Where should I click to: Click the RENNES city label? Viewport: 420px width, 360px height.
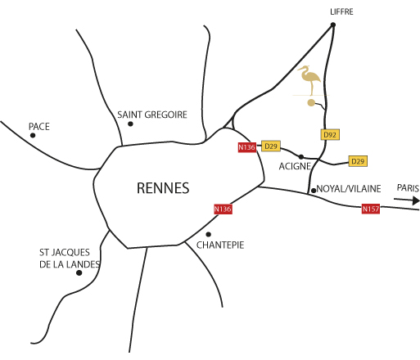click(x=163, y=188)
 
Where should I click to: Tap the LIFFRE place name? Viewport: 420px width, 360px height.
click(x=341, y=11)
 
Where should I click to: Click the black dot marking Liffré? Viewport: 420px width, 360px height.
click(x=333, y=25)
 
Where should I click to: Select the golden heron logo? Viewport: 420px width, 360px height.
click(x=309, y=80)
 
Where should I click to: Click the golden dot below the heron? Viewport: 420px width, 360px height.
click(x=311, y=102)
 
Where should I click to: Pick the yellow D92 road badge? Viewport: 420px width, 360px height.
click(x=330, y=134)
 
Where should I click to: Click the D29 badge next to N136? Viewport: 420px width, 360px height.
click(x=271, y=146)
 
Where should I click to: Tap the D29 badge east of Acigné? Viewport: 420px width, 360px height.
click(x=358, y=161)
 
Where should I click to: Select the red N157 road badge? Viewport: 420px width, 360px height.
click(x=371, y=209)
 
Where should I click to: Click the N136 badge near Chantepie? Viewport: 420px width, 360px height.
click(x=223, y=209)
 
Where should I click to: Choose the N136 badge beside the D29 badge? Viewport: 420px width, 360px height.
click(x=247, y=147)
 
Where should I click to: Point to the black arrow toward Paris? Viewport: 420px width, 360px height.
click(x=406, y=200)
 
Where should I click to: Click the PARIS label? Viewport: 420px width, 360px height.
click(x=408, y=188)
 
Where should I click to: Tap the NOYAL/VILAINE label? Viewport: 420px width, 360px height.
click(x=349, y=189)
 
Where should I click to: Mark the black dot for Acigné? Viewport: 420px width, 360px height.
click(x=301, y=157)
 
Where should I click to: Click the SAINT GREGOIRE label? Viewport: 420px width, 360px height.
click(x=152, y=115)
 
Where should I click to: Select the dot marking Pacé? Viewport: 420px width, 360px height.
click(x=33, y=135)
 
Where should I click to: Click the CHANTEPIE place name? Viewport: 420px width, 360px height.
click(x=220, y=245)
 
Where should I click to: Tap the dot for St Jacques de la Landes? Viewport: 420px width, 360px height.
click(x=79, y=272)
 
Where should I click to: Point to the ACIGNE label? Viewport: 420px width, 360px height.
click(x=295, y=166)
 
